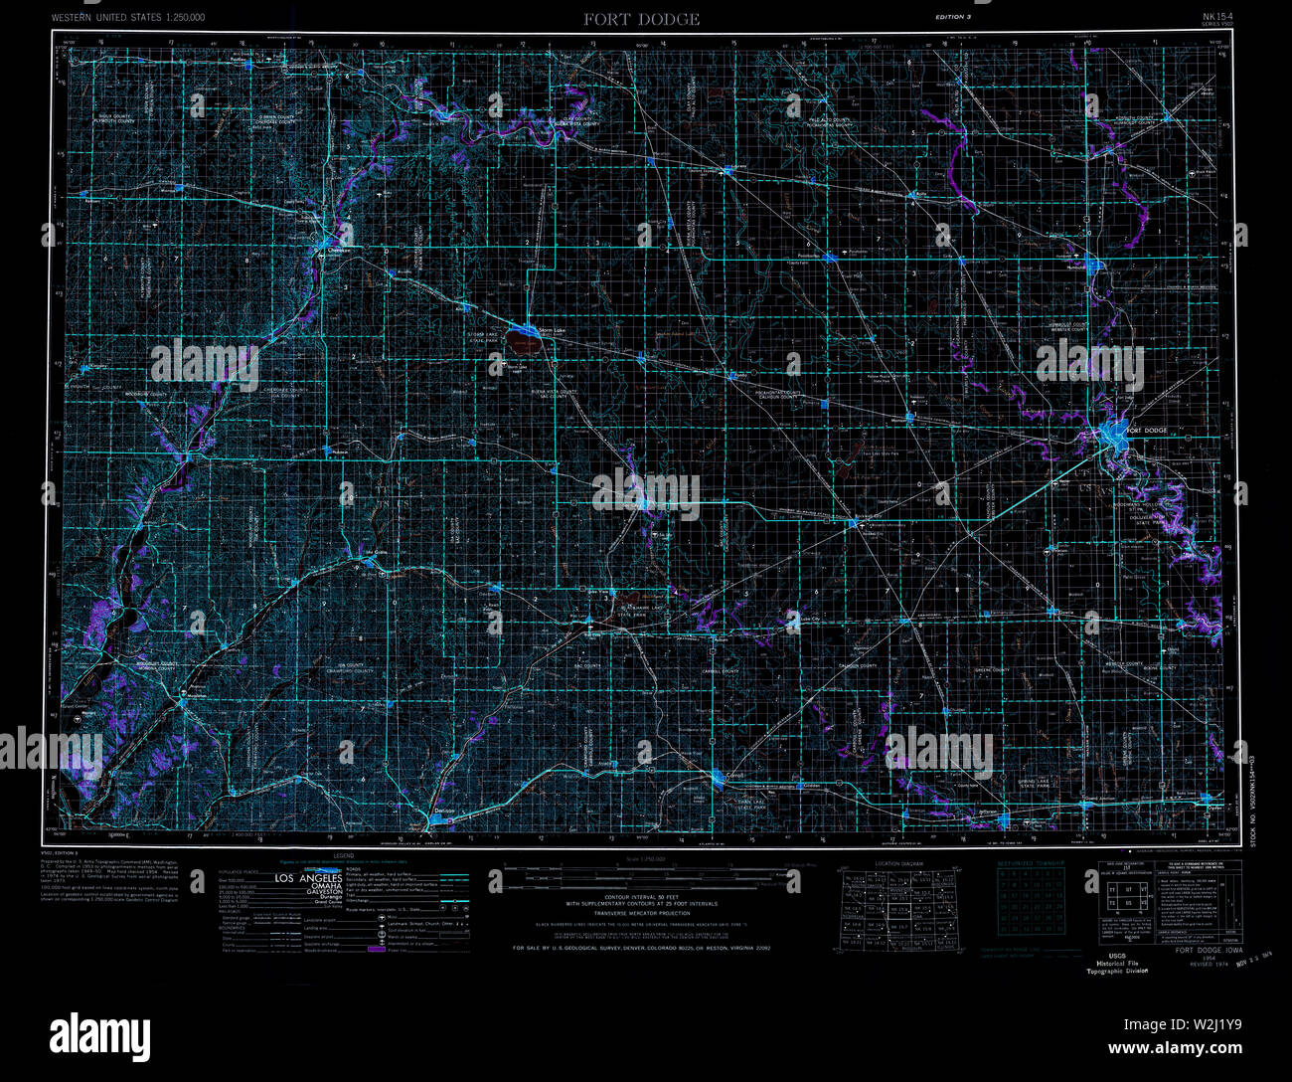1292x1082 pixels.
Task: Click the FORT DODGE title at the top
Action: pyautogui.click(x=641, y=19)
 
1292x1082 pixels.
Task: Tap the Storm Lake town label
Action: pyautogui.click(x=552, y=329)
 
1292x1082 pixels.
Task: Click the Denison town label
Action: pyautogui.click(x=444, y=812)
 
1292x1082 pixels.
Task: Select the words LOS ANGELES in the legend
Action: pyautogui.click(x=308, y=878)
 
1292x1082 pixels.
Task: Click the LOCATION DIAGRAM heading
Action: pyautogui.click(x=899, y=863)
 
